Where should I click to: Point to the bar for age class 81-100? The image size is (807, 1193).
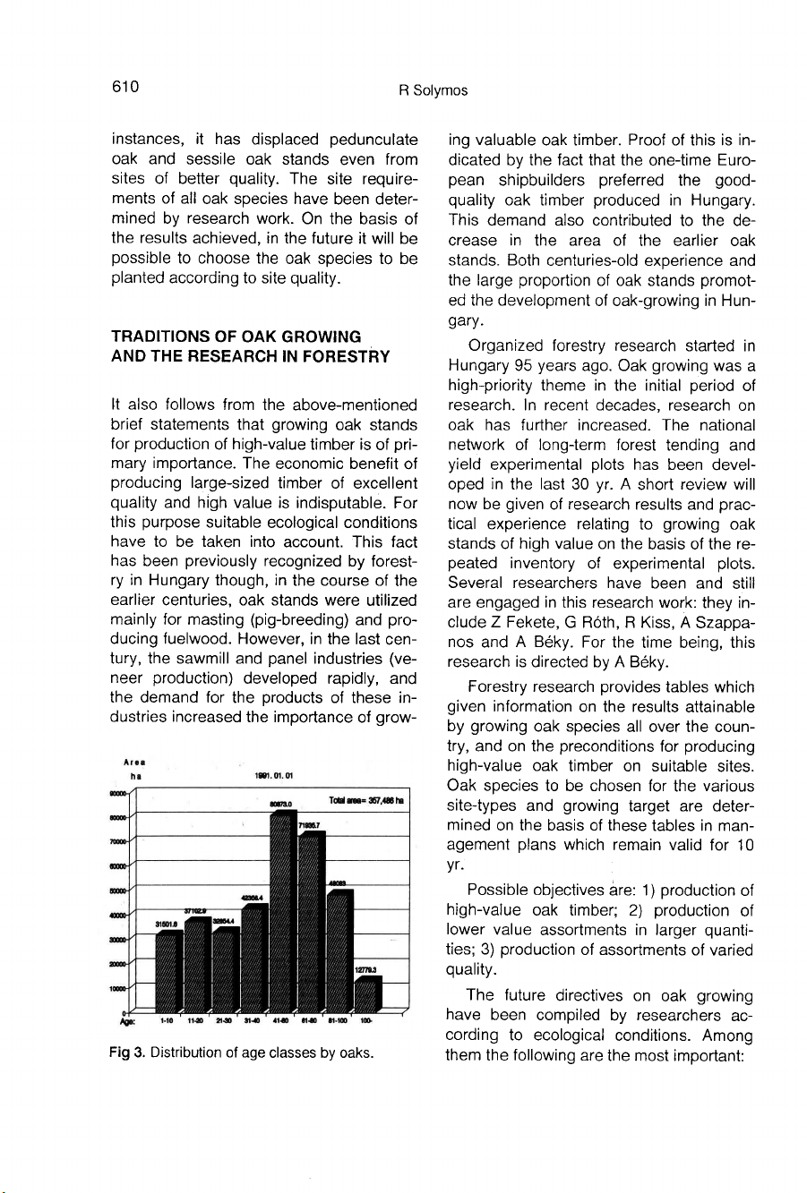click(x=340, y=949)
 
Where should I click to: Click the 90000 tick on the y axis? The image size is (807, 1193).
click(x=118, y=794)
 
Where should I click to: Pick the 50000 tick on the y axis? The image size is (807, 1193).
click(x=118, y=890)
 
